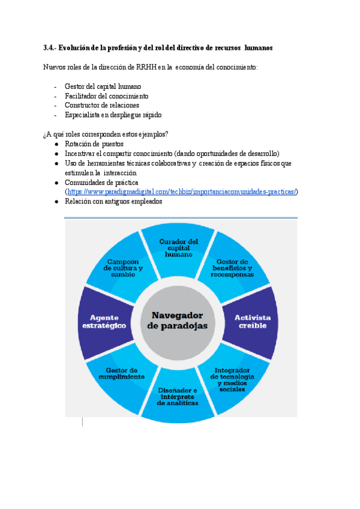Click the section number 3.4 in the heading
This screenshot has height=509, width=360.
coord(49,47)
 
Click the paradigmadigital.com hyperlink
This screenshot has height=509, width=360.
coord(182,191)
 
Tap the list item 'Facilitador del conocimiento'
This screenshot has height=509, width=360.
coord(106,96)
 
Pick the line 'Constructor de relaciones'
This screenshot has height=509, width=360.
coord(101,105)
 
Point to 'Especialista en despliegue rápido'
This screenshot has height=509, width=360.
coord(113,115)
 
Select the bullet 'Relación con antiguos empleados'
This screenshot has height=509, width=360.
coord(113,202)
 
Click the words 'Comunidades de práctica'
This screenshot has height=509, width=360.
coord(101,182)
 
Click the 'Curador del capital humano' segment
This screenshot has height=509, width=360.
coord(178,247)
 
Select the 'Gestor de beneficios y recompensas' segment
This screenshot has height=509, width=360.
coord(232,268)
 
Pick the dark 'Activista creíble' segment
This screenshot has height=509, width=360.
coord(252,321)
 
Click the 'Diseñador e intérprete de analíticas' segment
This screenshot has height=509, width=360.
coord(178,397)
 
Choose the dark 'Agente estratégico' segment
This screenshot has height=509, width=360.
coord(104,321)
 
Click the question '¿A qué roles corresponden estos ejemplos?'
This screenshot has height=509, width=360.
coord(106,134)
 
